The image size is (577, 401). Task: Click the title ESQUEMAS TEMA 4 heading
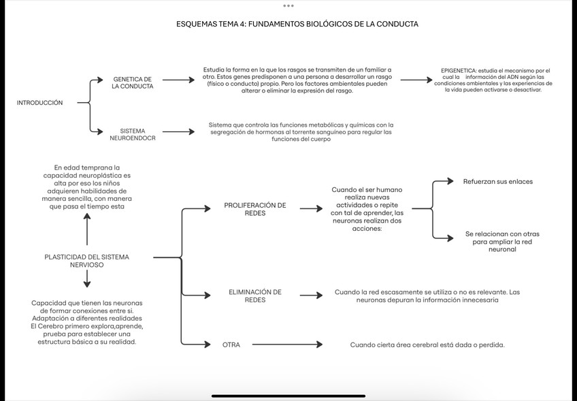click(x=297, y=24)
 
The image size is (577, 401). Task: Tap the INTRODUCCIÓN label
click(x=39, y=103)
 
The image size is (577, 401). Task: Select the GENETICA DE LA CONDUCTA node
click(x=133, y=83)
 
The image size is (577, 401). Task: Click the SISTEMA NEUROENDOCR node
click(x=133, y=134)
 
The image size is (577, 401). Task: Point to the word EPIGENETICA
click(x=458, y=71)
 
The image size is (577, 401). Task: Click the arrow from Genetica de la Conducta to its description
click(x=178, y=80)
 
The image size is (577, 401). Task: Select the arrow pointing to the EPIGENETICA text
click(x=416, y=80)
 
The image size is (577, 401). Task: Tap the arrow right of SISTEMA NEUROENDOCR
click(x=178, y=131)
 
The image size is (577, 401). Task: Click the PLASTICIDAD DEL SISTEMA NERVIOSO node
click(x=86, y=261)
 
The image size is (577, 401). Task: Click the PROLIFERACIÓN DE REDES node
click(x=255, y=209)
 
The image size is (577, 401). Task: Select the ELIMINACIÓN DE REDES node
click(x=255, y=295)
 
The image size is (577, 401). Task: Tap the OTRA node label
click(x=231, y=344)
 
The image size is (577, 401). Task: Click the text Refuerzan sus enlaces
click(x=498, y=182)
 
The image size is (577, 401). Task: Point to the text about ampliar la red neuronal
click(x=502, y=242)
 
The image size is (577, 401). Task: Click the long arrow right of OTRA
click(x=286, y=344)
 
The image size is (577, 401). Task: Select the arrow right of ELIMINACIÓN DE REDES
click(x=311, y=295)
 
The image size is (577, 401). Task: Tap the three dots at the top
click(x=288, y=5)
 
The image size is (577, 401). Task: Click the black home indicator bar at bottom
click(x=288, y=396)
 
